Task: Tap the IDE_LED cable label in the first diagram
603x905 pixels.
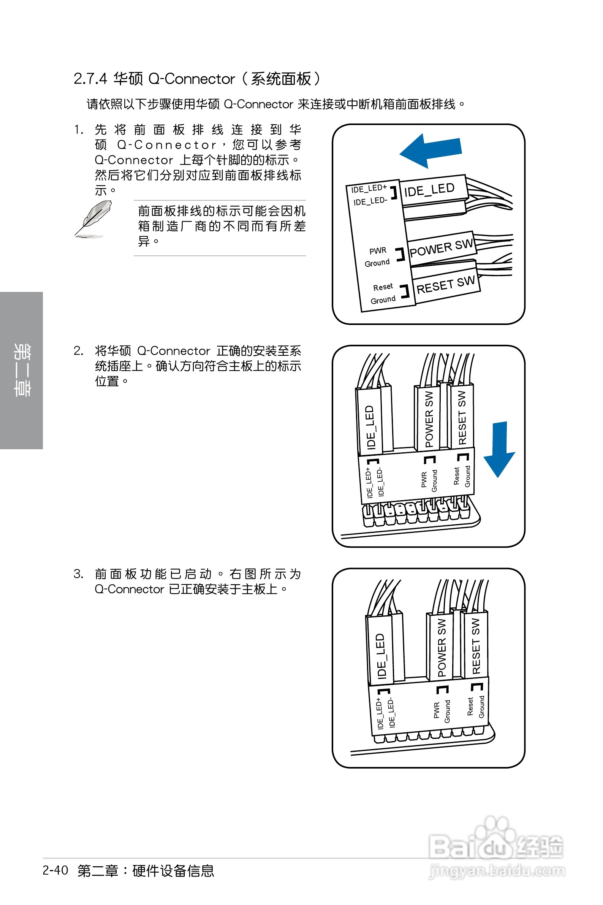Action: pyautogui.click(x=429, y=190)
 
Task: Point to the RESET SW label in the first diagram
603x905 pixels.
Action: pyautogui.click(x=446, y=285)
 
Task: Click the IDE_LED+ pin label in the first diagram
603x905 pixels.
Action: pyautogui.click(x=369, y=189)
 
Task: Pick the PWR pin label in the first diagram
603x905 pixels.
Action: pyautogui.click(x=378, y=251)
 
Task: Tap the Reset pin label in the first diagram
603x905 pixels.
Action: pyautogui.click(x=383, y=287)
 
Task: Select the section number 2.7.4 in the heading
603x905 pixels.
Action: pyautogui.click(x=90, y=79)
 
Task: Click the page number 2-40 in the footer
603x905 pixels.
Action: pyautogui.click(x=55, y=870)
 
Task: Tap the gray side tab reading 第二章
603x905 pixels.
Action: pyautogui.click(x=22, y=370)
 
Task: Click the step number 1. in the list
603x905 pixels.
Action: pyautogui.click(x=79, y=130)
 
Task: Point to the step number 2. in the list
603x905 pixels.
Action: pyautogui.click(x=78, y=351)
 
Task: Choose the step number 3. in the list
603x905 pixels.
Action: pyautogui.click(x=78, y=574)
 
